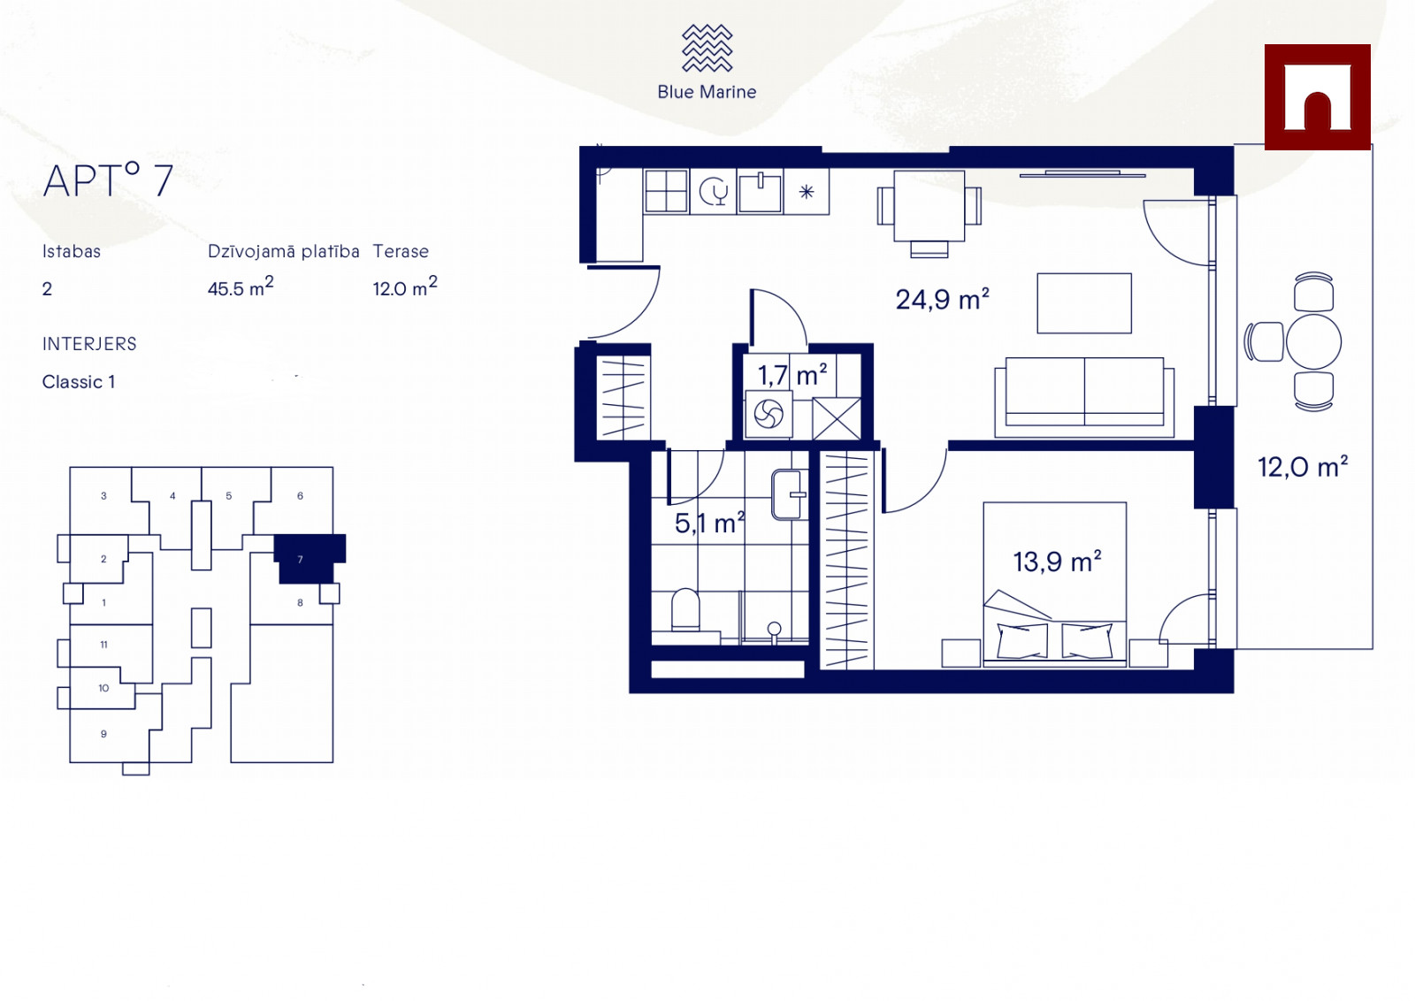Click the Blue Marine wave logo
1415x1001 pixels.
(707, 48)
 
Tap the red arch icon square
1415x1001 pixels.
(1317, 97)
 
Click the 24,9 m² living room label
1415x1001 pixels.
(942, 300)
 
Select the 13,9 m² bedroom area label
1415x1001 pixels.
(1057, 561)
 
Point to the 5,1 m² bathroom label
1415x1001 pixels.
(709, 523)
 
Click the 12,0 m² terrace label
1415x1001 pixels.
(1303, 467)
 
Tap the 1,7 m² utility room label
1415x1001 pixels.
(792, 375)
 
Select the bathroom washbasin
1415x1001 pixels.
(789, 494)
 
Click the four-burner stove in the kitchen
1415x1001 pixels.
(666, 191)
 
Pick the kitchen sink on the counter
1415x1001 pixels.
(761, 191)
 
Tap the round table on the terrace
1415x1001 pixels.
(1313, 341)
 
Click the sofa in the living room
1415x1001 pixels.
(1084, 397)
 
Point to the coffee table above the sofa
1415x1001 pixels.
(1084, 303)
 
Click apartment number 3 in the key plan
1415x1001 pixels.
(103, 496)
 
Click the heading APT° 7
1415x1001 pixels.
(108, 180)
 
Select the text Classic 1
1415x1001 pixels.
(79, 382)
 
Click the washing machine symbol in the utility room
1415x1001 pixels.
(769, 415)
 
